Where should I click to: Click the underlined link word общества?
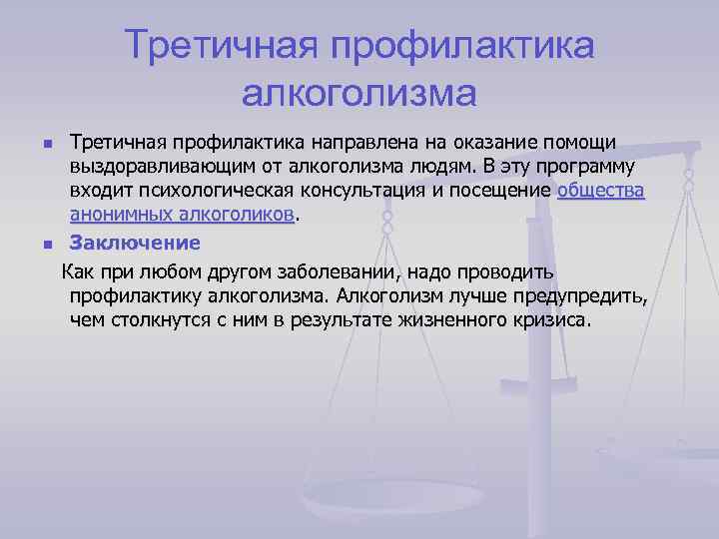coord(601,190)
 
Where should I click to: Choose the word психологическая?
coord(227,190)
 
